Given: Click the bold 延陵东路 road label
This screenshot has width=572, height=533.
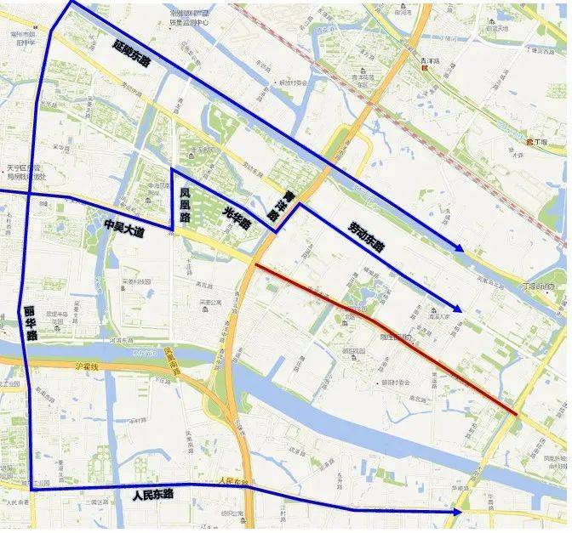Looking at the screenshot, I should point(143,54).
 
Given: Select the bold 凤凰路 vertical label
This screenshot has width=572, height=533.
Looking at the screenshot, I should point(184,205).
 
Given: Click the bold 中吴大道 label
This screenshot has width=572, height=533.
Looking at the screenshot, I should point(124,227).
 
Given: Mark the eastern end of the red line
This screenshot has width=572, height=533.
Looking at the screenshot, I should point(516,414).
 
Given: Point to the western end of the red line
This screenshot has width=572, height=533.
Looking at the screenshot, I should point(256,265).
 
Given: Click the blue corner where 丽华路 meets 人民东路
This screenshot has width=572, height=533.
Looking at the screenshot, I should point(32,489).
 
